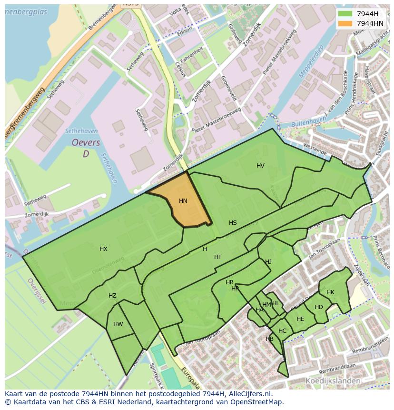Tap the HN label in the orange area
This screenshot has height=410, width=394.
183,201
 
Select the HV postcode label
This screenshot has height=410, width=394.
260,166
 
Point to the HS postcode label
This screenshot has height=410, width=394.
233,223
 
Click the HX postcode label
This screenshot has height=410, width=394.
103,249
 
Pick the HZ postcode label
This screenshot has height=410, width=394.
112,296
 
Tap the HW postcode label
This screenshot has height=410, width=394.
118,324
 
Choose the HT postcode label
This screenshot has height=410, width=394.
218,257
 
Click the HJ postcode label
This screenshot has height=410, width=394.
268,262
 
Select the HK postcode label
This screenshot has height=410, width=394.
330,292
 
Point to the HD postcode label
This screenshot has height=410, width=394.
319,307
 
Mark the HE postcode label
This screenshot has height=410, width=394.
300,319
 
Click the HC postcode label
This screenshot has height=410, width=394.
283,331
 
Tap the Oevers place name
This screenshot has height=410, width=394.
86,143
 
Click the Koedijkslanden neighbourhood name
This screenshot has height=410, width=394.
333,381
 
